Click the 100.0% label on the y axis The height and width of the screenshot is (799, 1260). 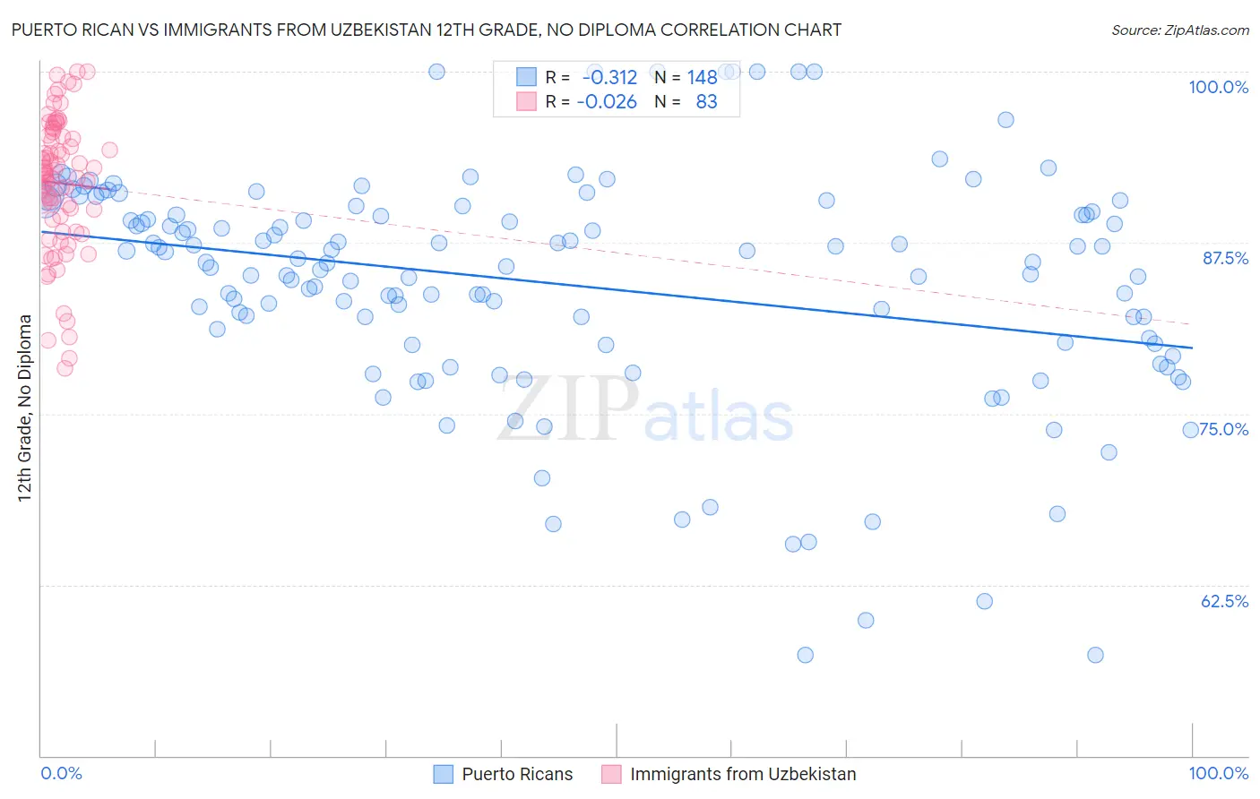[1218, 87]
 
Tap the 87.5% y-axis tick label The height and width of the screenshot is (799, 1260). [1225, 258]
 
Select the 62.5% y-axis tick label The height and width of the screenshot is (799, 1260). [1224, 601]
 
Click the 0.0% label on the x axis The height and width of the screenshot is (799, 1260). [61, 774]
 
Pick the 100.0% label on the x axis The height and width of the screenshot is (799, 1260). [1218, 774]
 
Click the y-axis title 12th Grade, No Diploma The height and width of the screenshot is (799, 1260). [25, 408]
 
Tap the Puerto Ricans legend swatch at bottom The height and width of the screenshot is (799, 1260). [444, 774]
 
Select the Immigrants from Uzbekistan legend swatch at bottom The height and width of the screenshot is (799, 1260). [611, 774]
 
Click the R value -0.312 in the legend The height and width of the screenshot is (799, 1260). [609, 77]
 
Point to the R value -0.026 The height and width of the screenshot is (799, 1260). [607, 102]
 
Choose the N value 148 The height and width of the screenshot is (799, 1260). [702, 77]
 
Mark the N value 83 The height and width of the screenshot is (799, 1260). [706, 102]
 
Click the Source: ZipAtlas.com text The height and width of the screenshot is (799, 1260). [1179, 30]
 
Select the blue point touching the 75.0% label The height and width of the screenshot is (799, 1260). [1190, 430]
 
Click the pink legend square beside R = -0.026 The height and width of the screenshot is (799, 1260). [526, 101]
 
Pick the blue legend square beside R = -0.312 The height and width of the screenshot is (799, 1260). [526, 77]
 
